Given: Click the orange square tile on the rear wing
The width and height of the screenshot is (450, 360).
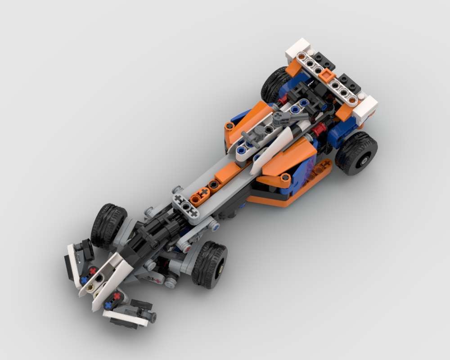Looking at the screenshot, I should click(x=327, y=76).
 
